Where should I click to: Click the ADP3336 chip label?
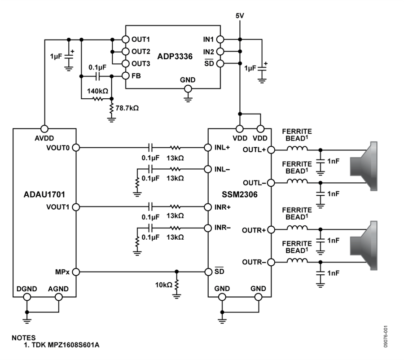[175, 57]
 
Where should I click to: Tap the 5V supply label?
[240, 16]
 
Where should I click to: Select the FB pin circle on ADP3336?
[126, 76]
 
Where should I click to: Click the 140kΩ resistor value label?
[97, 91]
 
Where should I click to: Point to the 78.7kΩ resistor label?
[127, 108]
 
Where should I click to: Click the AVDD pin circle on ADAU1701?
[44, 128]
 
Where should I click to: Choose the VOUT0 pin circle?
[76, 148]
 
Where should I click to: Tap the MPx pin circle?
[76, 272]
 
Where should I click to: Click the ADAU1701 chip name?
[44, 194]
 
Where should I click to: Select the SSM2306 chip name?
[240, 194]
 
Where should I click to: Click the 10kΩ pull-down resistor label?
[163, 285]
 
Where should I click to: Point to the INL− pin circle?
[208, 169]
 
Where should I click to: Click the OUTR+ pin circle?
[271, 230]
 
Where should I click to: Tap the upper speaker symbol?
[364, 166]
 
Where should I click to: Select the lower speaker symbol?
[364, 246]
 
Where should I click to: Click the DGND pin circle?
[27, 297]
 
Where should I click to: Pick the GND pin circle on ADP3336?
[188, 89]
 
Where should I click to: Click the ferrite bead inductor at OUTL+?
[297, 148]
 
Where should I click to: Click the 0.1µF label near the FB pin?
[97, 67]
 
